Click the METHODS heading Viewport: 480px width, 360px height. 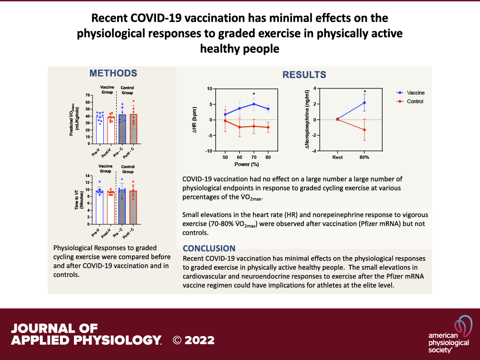[113, 73]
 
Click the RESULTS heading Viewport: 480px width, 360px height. [304, 75]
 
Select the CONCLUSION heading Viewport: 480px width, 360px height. [209, 249]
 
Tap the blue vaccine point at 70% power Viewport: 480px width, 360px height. [254, 104]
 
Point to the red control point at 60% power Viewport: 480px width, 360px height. [240, 127]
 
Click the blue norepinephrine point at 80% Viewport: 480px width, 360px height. [365, 103]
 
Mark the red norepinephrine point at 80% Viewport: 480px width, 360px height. [365, 130]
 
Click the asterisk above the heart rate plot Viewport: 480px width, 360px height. [254, 95]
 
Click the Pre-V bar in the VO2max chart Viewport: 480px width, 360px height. [99, 129]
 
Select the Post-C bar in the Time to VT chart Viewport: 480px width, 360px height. [133, 207]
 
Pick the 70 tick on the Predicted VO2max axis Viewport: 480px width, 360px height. [88, 95]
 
